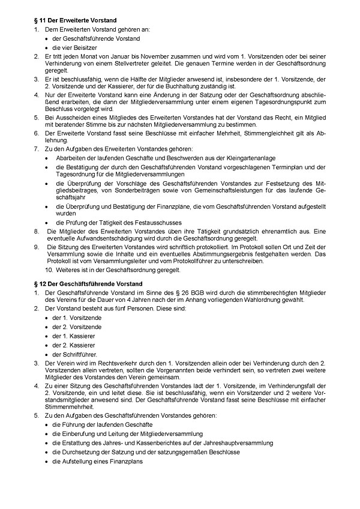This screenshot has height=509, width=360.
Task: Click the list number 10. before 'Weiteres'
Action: [51, 270]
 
